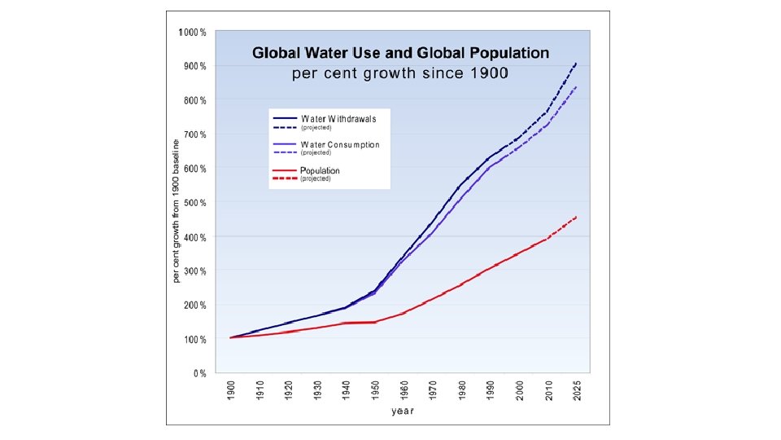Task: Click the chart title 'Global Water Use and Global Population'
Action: (x=400, y=54)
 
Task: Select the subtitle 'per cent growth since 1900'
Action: (x=400, y=73)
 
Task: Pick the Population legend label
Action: (x=320, y=170)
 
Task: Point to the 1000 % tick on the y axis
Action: (x=193, y=32)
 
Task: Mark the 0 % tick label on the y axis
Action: (x=199, y=374)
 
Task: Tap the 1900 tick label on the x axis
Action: (x=232, y=390)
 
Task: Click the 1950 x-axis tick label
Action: (x=375, y=390)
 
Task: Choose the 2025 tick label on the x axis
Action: (x=576, y=390)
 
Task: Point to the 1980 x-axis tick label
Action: (x=461, y=390)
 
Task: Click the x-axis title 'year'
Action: (x=403, y=411)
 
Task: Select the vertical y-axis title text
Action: (x=175, y=210)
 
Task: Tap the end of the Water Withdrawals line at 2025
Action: (x=576, y=63)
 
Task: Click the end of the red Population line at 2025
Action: (x=576, y=217)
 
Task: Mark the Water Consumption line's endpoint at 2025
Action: (x=576, y=86)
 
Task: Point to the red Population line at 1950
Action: (x=375, y=322)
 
